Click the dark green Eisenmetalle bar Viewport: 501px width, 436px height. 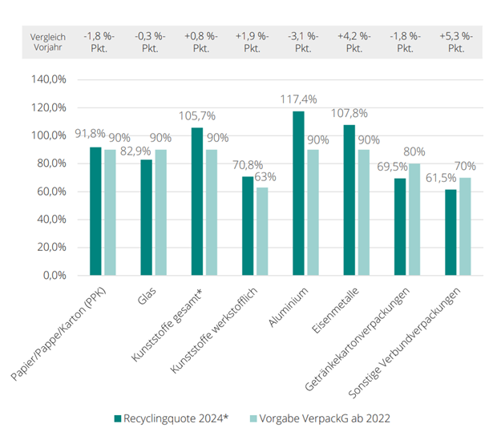349,200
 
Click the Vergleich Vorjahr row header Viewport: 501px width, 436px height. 46,42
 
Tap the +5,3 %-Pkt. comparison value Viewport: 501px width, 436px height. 456,42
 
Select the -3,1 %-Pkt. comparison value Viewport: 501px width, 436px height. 302,42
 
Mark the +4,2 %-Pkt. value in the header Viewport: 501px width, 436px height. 354,42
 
